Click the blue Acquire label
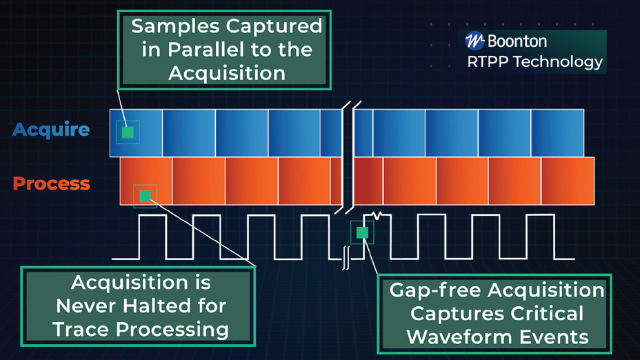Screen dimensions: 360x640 [x=51, y=129]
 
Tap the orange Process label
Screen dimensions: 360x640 [x=51, y=183]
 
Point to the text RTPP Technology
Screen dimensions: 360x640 [x=534, y=61]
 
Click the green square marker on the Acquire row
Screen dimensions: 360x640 [x=128, y=132]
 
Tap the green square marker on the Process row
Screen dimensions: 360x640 [x=145, y=196]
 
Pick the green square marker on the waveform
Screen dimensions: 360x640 [x=362, y=232]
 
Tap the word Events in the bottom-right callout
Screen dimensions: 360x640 [x=552, y=337]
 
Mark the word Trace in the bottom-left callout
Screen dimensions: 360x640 [x=81, y=328]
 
